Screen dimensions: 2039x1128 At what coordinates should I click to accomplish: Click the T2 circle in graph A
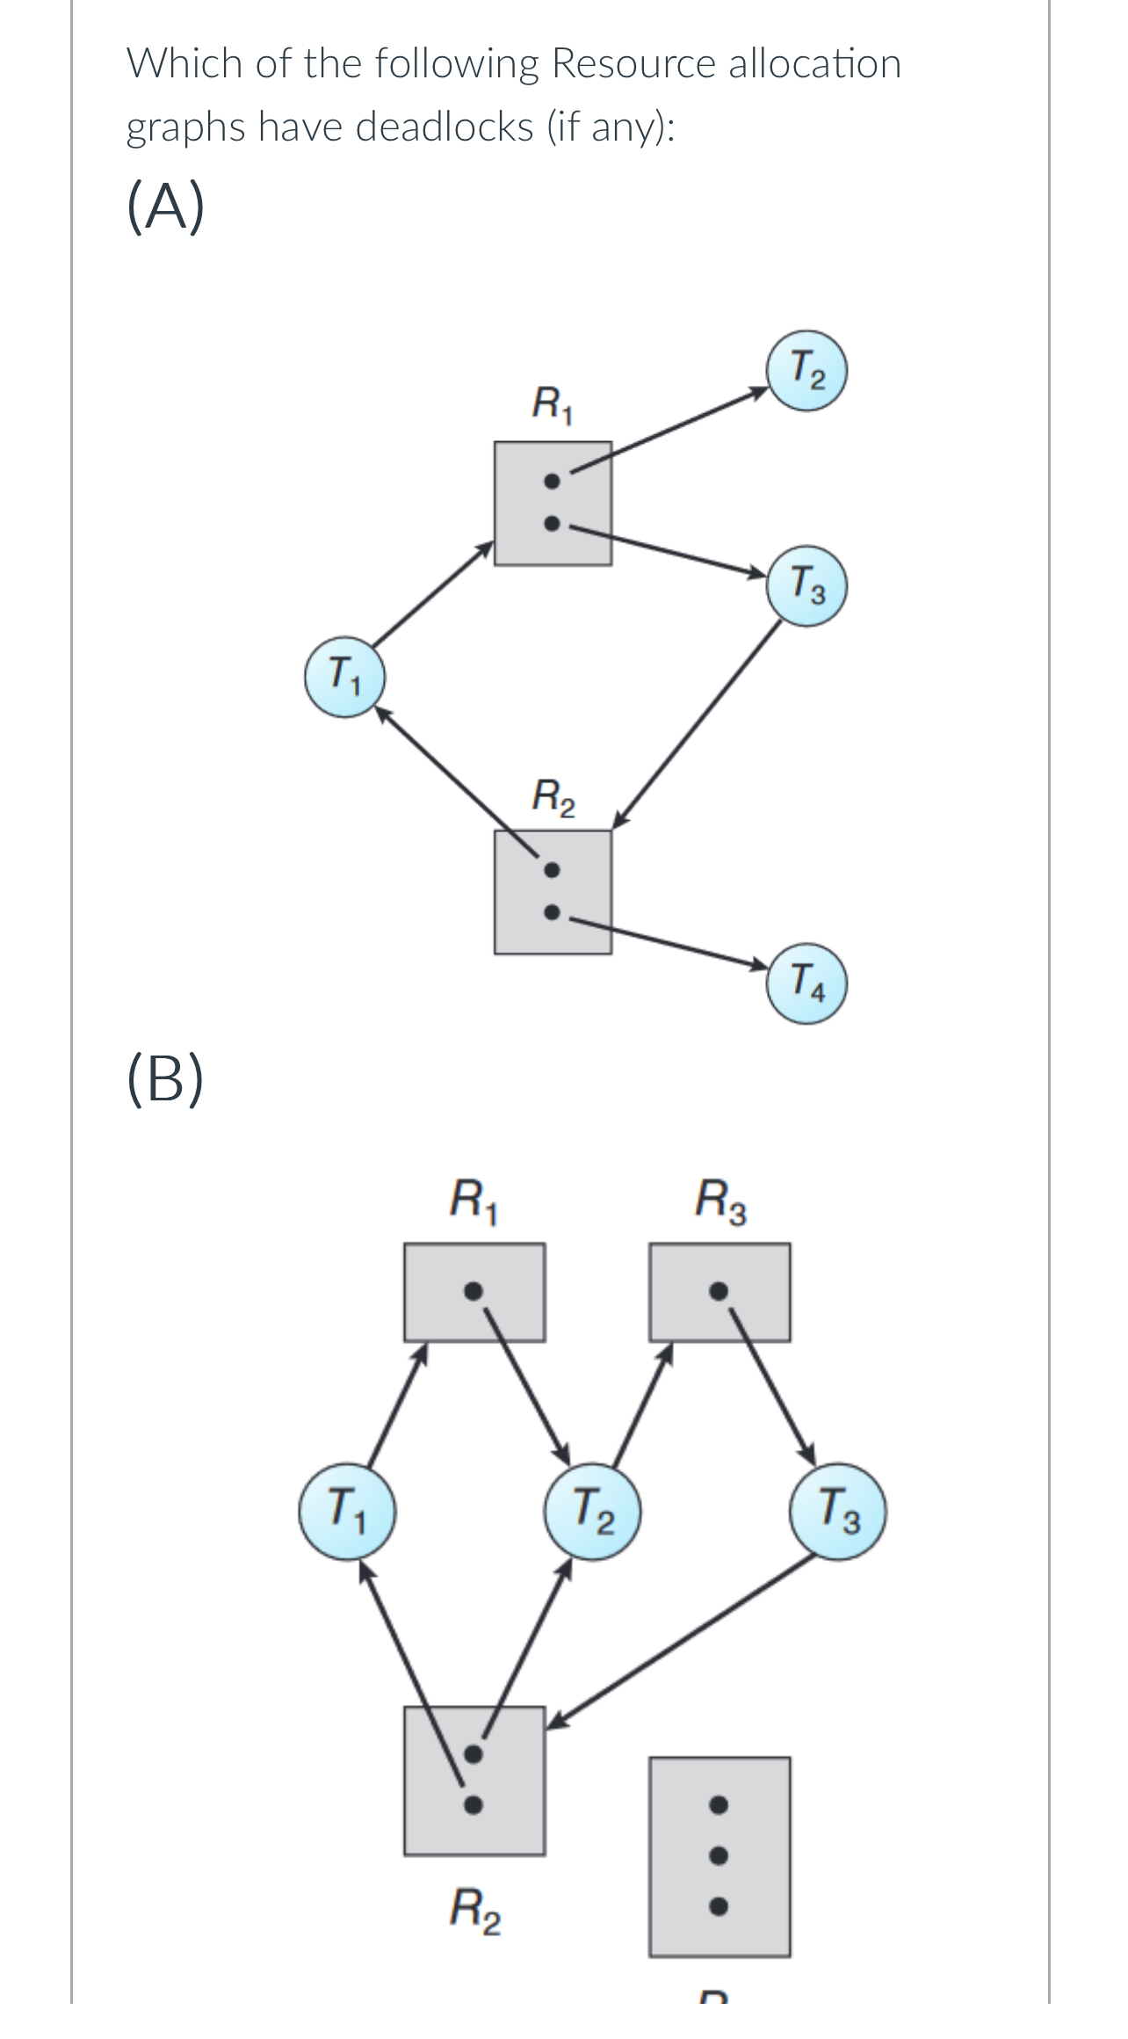pyautogui.click(x=807, y=371)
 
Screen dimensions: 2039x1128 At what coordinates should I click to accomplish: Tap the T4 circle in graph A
pyautogui.click(x=807, y=983)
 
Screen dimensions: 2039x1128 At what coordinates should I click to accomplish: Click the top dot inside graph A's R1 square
pyautogui.click(x=551, y=482)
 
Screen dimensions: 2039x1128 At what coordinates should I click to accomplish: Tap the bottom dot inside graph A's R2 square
pyautogui.click(x=551, y=912)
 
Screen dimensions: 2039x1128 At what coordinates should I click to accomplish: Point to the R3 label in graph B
pyautogui.click(x=720, y=1202)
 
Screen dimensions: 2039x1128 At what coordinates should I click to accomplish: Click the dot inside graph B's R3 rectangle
pyautogui.click(x=719, y=1291)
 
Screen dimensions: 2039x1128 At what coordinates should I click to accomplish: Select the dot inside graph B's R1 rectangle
pyautogui.click(x=473, y=1291)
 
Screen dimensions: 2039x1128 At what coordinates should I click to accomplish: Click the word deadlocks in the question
pyautogui.click(x=444, y=127)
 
